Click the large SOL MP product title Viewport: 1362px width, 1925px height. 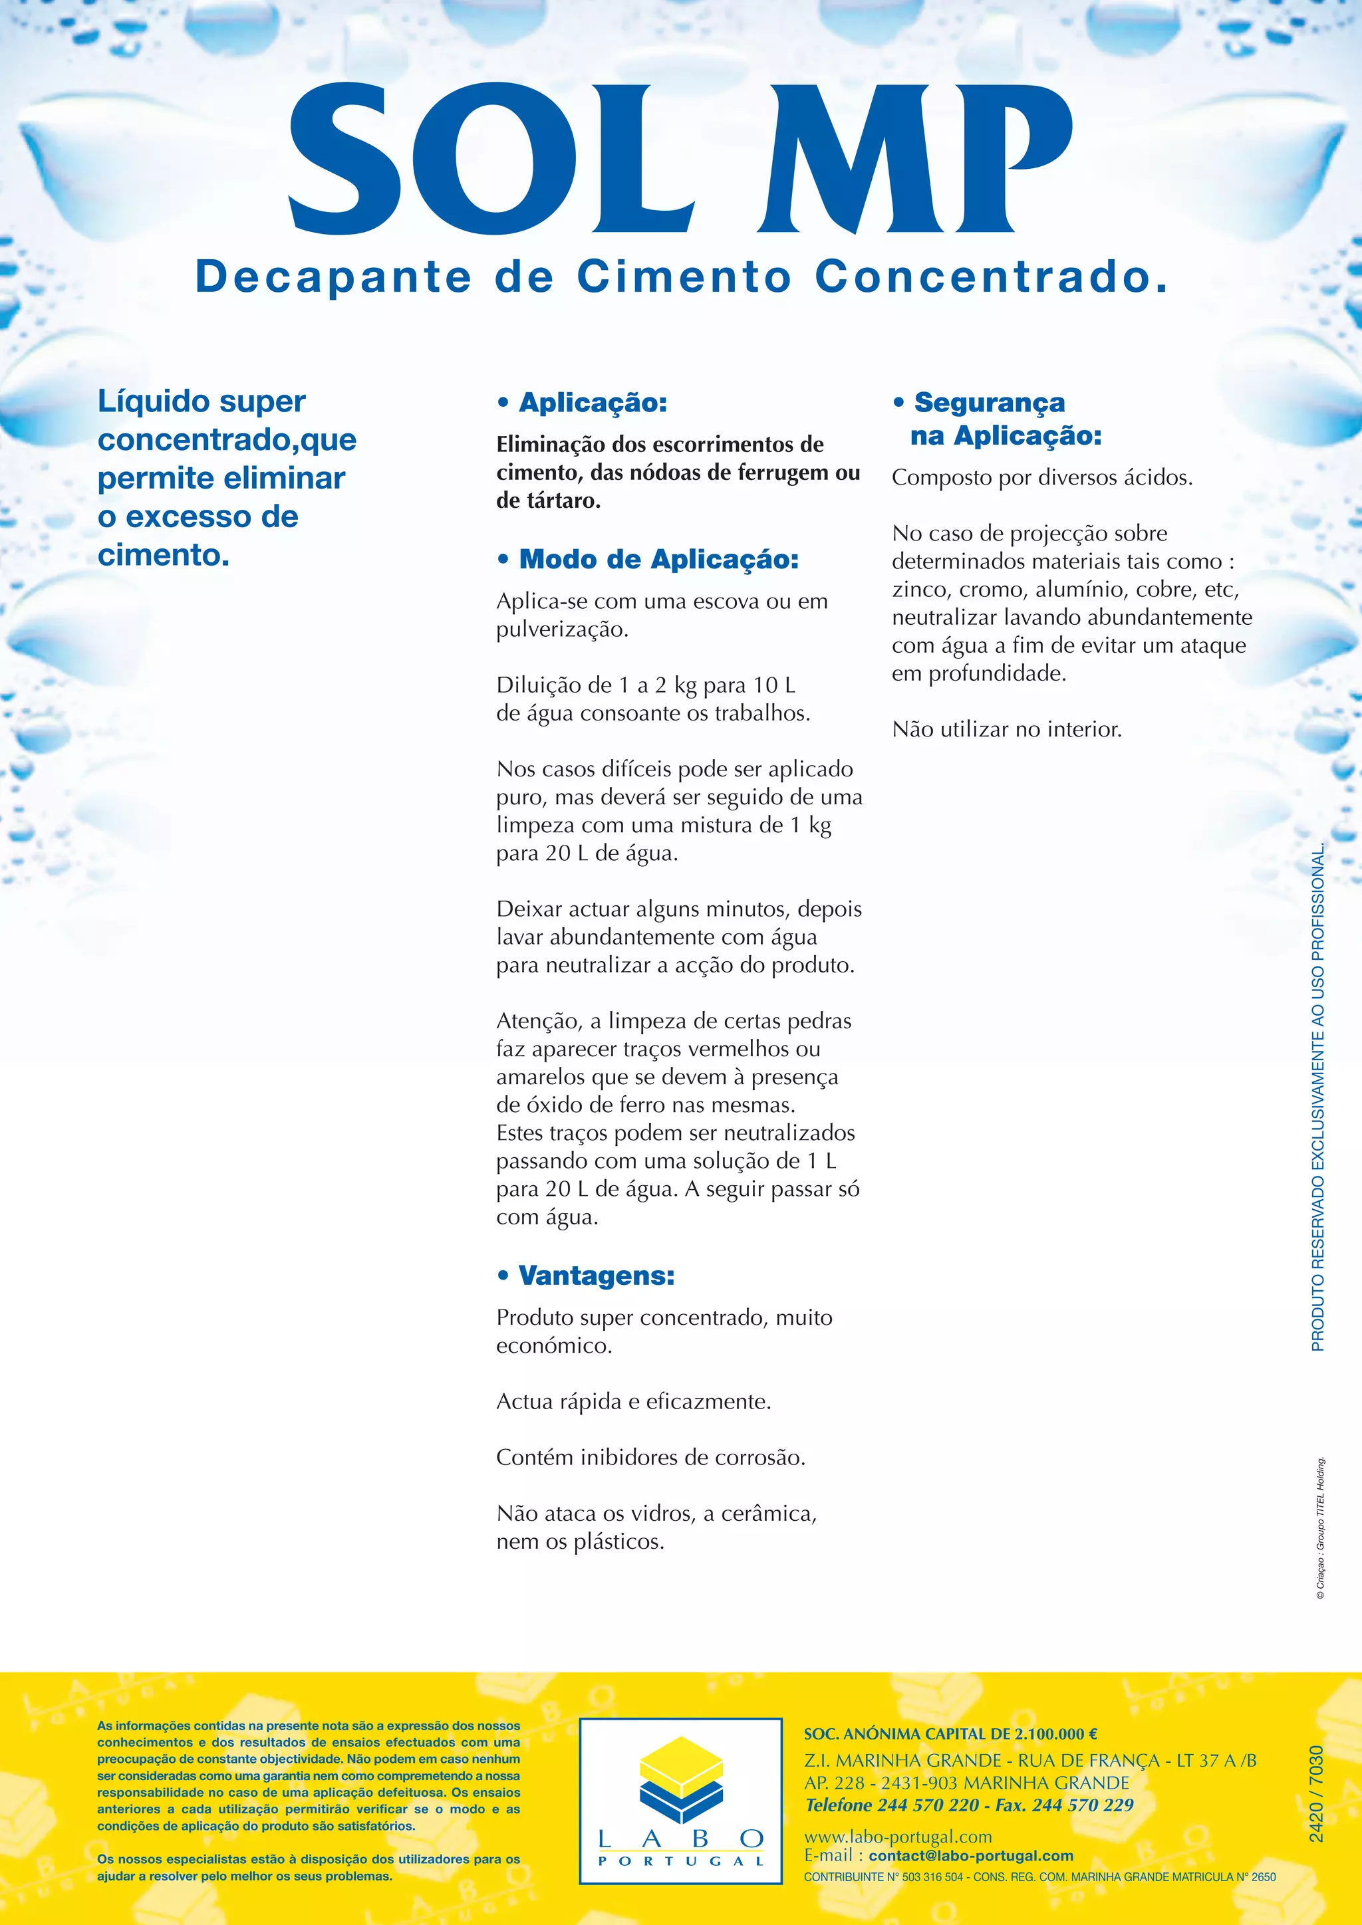tap(679, 160)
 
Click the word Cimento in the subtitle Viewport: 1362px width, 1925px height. tap(684, 277)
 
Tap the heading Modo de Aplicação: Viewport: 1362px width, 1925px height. tap(658, 559)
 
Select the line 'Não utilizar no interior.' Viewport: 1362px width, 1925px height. tap(1006, 729)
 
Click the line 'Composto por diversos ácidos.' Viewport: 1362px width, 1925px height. tap(1041, 478)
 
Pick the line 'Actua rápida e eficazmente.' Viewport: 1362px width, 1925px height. tap(633, 1401)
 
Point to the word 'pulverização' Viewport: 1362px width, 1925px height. tap(562, 629)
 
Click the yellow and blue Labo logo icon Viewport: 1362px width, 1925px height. tap(681, 1780)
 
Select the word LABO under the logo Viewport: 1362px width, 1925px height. tap(681, 1839)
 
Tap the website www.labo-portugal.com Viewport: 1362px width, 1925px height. tap(898, 1837)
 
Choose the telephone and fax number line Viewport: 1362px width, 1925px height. tap(969, 1805)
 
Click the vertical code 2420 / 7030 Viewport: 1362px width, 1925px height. tap(1317, 1795)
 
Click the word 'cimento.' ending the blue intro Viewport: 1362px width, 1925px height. tap(164, 555)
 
